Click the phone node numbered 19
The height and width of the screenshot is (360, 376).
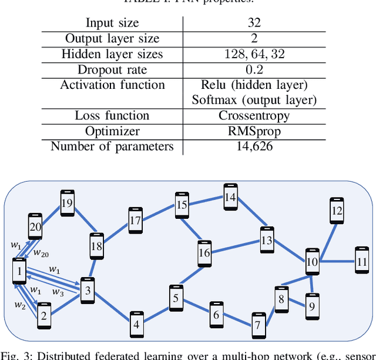click(x=66, y=204)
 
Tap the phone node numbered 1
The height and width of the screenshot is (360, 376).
click(x=19, y=272)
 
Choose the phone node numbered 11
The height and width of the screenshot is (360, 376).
click(x=362, y=261)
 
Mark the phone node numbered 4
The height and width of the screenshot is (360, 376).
click(x=136, y=324)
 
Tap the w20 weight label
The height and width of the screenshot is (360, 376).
click(x=41, y=253)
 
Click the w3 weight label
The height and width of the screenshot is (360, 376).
click(x=57, y=292)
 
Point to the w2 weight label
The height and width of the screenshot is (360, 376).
click(x=20, y=305)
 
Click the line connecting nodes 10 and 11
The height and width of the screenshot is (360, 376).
click(x=337, y=261)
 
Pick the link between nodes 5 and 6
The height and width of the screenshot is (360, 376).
click(x=196, y=306)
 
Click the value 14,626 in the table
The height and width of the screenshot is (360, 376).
click(x=254, y=146)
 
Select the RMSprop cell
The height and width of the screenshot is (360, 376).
click(x=254, y=131)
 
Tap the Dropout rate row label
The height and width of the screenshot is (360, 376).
click(x=112, y=69)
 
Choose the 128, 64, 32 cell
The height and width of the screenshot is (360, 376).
click(x=254, y=54)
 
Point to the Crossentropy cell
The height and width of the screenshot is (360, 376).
click(x=254, y=115)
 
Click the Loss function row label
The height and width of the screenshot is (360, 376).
click(x=112, y=115)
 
